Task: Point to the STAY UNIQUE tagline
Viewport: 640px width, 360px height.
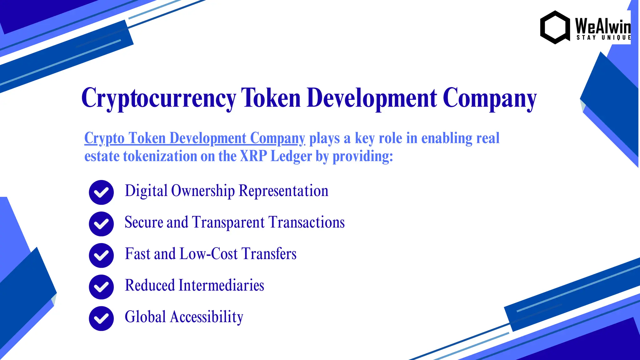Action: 603,37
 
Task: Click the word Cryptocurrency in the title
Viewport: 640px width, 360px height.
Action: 159,98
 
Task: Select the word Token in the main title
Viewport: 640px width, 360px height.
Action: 271,98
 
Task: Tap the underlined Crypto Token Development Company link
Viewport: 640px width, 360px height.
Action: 194,138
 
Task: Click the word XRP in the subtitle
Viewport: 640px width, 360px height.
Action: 253,156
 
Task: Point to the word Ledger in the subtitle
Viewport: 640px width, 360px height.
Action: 291,156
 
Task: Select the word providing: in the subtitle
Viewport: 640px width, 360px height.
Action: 362,156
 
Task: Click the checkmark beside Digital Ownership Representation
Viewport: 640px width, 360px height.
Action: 101,192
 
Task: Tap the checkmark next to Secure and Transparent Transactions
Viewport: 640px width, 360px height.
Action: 101,224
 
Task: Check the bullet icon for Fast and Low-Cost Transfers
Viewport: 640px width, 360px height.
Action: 101,255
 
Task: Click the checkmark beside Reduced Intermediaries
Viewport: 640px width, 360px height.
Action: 101,287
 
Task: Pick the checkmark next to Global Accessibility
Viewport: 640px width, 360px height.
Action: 101,318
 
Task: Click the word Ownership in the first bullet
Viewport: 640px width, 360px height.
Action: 203,191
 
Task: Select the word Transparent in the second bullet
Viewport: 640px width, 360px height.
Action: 228,222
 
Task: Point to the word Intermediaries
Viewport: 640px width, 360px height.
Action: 221,285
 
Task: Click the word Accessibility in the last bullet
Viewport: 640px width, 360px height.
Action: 207,317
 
